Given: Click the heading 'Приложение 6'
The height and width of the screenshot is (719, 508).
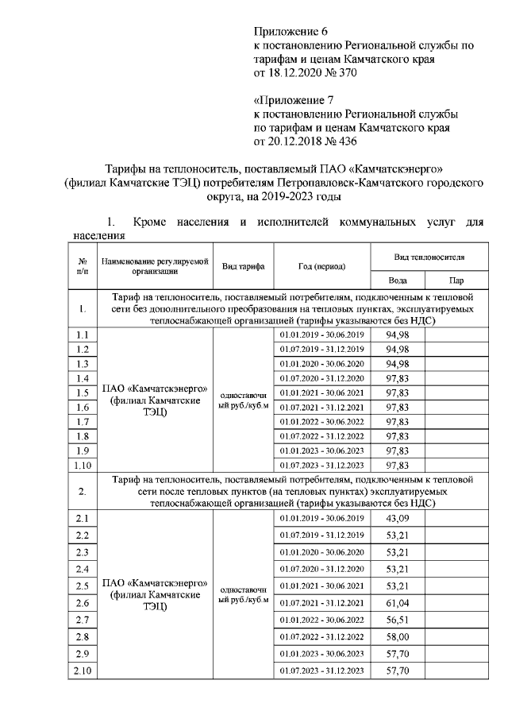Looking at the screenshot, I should point(290,32).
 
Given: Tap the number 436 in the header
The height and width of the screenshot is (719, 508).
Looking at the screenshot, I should point(348,142).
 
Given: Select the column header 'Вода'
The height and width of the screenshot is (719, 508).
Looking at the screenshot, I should point(397,280).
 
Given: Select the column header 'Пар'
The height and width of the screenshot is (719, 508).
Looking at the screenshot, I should point(456,280).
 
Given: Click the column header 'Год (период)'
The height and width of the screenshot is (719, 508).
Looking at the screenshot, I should point(321,266).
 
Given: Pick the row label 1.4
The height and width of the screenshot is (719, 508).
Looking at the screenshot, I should point(82,377).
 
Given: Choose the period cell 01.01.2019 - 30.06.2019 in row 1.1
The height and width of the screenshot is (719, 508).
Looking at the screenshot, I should point(321,334).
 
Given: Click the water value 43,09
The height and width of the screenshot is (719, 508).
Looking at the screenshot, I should point(397,518).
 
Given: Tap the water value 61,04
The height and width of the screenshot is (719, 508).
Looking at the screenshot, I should point(397,603).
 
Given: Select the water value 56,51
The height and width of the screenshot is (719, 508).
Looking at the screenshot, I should point(397,620).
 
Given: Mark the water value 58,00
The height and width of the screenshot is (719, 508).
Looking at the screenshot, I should point(397,637).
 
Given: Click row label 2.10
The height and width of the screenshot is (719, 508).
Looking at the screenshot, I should point(82,671).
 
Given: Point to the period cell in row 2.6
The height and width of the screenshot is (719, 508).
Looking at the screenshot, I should point(321,603).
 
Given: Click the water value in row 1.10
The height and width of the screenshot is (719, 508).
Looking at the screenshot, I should point(397,465).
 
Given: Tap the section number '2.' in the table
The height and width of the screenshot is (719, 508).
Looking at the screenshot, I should point(82,491).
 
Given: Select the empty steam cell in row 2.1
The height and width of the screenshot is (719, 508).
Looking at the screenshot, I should point(456,518).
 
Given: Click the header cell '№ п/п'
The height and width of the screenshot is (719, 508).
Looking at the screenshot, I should point(82,266).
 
